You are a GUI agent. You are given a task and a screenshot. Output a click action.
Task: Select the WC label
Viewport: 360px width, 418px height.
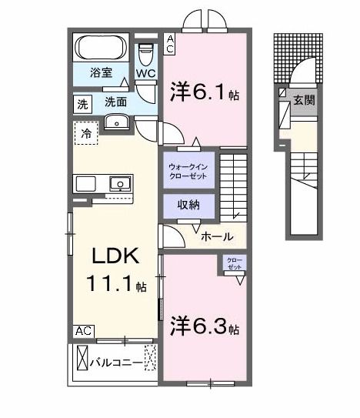point(145,73)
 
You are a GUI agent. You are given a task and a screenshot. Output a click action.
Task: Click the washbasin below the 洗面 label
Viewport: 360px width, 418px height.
point(117,122)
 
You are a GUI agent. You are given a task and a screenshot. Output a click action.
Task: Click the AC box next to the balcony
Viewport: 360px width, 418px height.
point(84,331)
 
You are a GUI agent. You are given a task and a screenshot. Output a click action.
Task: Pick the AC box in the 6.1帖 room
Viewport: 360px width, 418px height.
point(171,42)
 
